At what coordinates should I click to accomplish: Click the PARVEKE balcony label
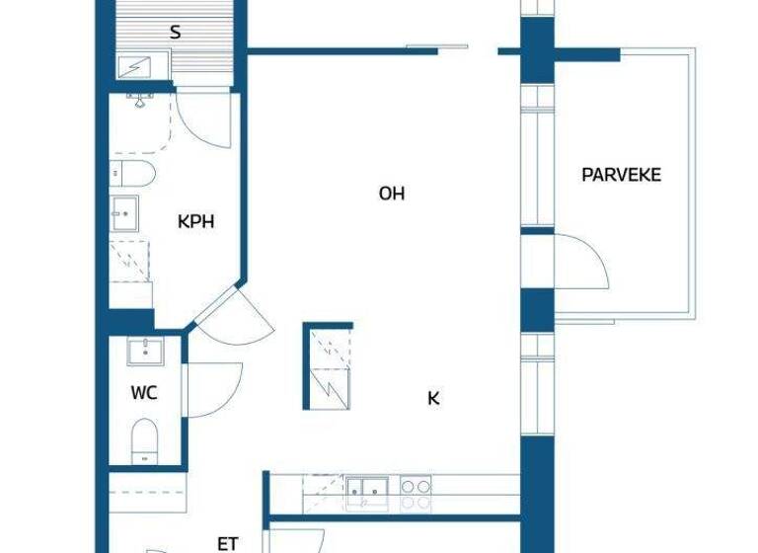(621, 175)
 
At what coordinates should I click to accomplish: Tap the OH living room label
(392, 194)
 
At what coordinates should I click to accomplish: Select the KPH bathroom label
(195, 221)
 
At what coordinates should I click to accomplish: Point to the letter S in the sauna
(176, 33)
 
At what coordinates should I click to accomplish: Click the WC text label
(144, 393)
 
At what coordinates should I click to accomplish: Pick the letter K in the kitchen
(433, 399)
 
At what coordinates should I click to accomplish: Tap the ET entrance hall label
(228, 543)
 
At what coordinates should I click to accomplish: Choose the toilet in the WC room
(145, 439)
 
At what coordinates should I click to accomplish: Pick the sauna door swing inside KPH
(204, 118)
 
